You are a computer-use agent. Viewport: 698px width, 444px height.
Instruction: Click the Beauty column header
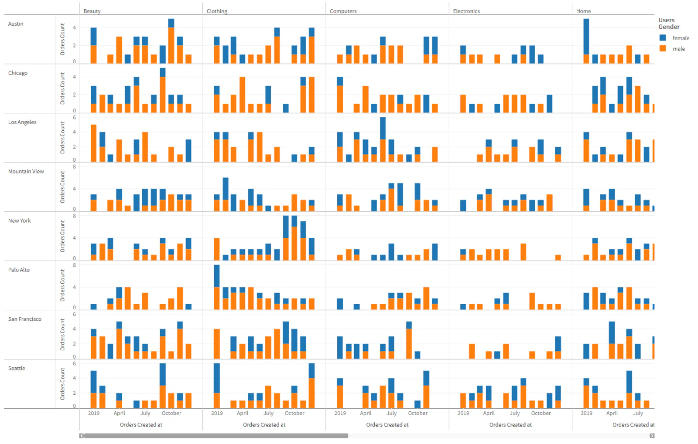coord(92,11)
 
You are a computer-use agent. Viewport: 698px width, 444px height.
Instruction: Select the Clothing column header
coord(217,11)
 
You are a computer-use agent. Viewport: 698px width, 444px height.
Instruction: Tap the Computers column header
coord(343,11)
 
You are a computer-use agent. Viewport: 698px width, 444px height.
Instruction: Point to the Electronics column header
coord(466,11)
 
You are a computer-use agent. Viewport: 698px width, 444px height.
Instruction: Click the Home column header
coord(583,11)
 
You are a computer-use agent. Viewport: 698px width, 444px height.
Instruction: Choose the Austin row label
coord(16,24)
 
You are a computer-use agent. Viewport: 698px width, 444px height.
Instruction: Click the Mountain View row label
coord(26,171)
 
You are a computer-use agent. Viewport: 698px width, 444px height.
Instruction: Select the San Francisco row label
coord(24,319)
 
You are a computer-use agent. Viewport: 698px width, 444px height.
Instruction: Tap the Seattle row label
coord(17,368)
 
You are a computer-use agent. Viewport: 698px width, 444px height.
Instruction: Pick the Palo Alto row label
coord(19,270)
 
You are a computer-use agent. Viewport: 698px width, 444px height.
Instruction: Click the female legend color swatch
coord(663,38)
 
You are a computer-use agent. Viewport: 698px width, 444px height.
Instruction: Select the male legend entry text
coord(678,49)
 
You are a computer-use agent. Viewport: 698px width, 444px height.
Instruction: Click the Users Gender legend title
coord(669,24)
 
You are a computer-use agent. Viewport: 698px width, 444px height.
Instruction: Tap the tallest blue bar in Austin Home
coord(586,36)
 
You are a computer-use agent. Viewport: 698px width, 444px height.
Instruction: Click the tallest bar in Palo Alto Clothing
coord(217,288)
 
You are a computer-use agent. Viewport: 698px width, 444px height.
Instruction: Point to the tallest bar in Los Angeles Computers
coord(383,139)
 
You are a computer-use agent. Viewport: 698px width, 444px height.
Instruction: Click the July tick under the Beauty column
coord(145,413)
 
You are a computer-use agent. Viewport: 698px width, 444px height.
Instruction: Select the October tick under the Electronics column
coord(541,413)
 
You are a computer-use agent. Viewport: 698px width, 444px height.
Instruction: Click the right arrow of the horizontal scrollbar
coord(652,436)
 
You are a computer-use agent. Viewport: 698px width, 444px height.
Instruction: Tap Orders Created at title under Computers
coord(387,424)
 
